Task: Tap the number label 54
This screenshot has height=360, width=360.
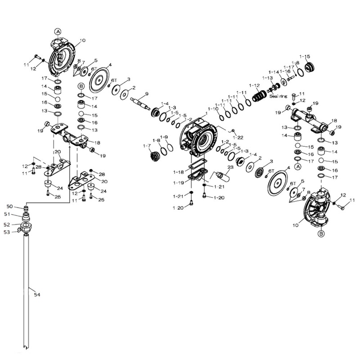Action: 37,294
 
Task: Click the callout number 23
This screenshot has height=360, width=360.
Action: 230,167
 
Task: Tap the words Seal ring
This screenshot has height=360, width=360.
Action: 279,96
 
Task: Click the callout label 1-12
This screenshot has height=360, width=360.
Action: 254,85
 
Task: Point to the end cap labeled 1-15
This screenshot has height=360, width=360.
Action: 310,67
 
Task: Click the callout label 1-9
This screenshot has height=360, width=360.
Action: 163,137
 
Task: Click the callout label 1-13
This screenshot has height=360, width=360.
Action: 267,78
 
